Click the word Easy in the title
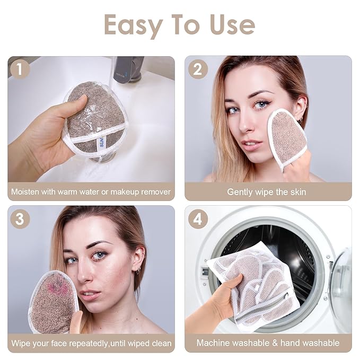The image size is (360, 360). (133, 24)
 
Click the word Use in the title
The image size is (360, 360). (232, 24)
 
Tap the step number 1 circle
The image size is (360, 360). (20, 69)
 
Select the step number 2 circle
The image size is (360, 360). (198, 69)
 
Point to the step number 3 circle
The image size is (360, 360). (20, 219)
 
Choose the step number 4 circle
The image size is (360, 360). (198, 219)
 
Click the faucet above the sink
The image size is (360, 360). (127, 69)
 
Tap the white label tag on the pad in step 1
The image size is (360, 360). (101, 143)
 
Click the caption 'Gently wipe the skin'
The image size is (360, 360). (267, 192)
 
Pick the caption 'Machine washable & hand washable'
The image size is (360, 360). (268, 343)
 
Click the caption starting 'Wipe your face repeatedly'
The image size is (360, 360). (91, 343)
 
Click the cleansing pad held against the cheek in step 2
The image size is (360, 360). (286, 138)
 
